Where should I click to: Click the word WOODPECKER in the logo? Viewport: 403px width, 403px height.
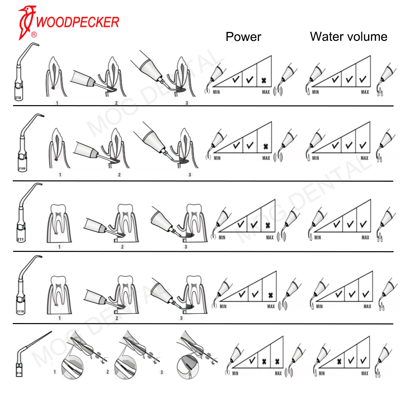click(x=77, y=22)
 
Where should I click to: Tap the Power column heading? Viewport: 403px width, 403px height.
click(x=243, y=37)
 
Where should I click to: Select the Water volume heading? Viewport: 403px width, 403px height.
click(x=349, y=36)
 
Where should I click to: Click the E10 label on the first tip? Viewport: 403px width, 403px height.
click(x=18, y=98)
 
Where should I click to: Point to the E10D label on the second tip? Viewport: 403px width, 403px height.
click(x=22, y=168)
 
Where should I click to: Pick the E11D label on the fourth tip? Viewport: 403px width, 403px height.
click(x=20, y=312)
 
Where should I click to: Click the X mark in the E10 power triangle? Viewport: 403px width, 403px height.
click(x=264, y=81)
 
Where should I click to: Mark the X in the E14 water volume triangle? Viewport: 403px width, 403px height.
click(x=339, y=361)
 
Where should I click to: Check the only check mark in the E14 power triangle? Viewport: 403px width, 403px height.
click(x=253, y=361)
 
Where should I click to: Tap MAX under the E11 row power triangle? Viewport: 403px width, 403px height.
click(x=270, y=237)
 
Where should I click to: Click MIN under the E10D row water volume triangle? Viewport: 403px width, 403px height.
click(x=316, y=158)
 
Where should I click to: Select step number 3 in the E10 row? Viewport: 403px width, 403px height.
click(x=187, y=103)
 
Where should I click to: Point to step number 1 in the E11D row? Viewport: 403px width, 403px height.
click(x=60, y=318)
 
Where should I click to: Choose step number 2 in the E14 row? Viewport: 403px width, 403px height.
click(x=107, y=372)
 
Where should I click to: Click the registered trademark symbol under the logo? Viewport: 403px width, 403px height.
click(x=34, y=35)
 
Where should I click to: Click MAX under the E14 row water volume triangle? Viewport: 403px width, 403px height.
click(x=365, y=373)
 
